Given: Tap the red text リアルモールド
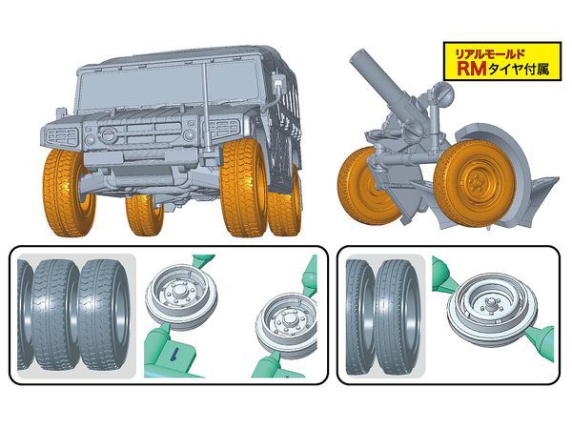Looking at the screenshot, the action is (490, 54).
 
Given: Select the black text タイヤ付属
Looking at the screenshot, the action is (519, 69).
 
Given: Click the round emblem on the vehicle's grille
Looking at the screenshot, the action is (107, 134).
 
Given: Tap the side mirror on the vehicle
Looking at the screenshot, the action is (279, 82).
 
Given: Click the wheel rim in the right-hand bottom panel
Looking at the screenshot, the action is (493, 306).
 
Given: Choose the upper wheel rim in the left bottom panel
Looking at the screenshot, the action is (182, 296).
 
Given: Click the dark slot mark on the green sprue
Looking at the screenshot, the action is (175, 353).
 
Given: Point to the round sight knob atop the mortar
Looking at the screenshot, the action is (443, 90).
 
